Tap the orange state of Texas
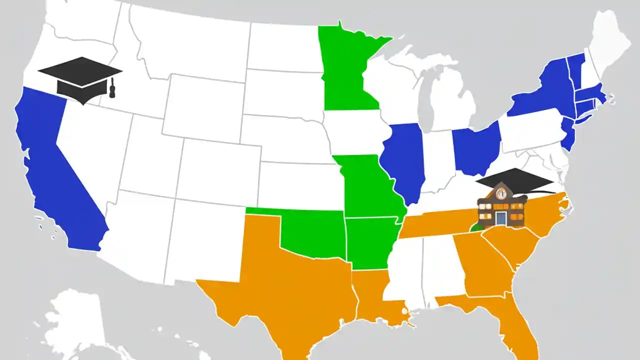[x=295, y=280]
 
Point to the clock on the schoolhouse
[x=501, y=191]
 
